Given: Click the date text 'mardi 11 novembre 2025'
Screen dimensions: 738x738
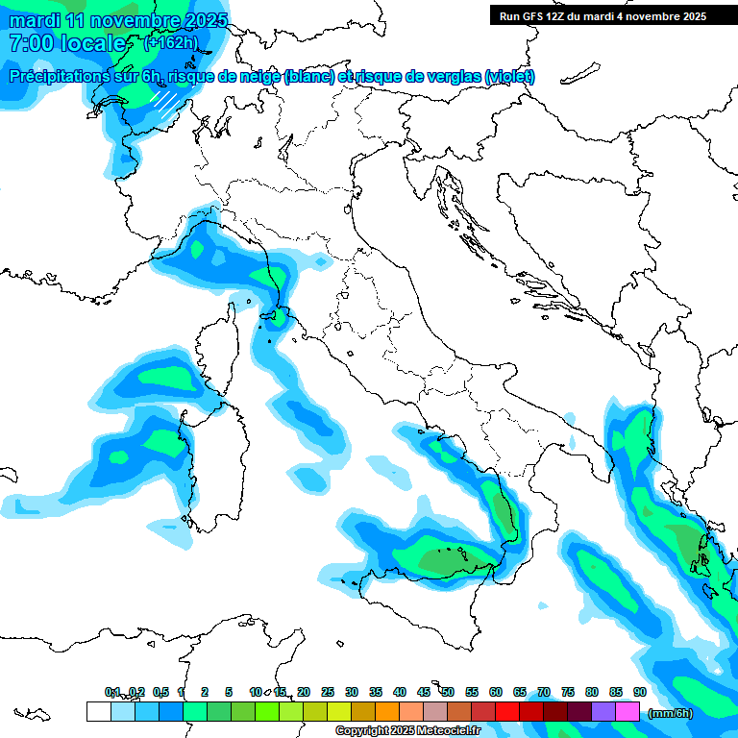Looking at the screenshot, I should [x=118, y=20].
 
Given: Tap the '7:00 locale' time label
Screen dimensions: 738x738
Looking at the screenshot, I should [x=66, y=43].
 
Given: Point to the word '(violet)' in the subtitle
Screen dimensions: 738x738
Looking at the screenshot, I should [x=510, y=77].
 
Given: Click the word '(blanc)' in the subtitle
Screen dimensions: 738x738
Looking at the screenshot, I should [x=308, y=77].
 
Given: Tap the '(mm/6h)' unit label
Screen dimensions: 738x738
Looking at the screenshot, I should [x=670, y=713].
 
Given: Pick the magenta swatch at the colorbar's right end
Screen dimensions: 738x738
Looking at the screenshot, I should [x=627, y=712].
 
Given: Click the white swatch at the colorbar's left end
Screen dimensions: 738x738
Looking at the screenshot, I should [x=98, y=712].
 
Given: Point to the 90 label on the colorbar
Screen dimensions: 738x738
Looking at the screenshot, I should [x=639, y=692].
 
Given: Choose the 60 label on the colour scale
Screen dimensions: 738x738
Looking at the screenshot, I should [x=496, y=692].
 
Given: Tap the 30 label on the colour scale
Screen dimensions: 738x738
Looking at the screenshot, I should [x=352, y=692].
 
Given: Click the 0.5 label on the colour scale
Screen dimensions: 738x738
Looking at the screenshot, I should [x=160, y=692].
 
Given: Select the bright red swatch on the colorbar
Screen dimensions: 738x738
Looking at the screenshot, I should [x=507, y=712].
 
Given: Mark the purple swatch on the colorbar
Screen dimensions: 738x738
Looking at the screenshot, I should [x=603, y=712].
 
